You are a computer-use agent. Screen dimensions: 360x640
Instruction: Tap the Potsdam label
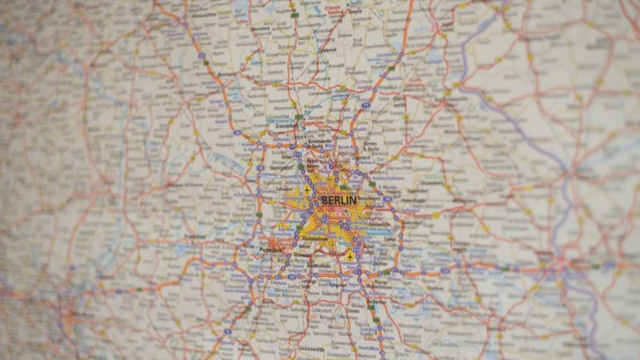[270, 249]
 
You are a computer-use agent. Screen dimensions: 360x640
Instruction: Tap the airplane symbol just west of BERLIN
[307, 190]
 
